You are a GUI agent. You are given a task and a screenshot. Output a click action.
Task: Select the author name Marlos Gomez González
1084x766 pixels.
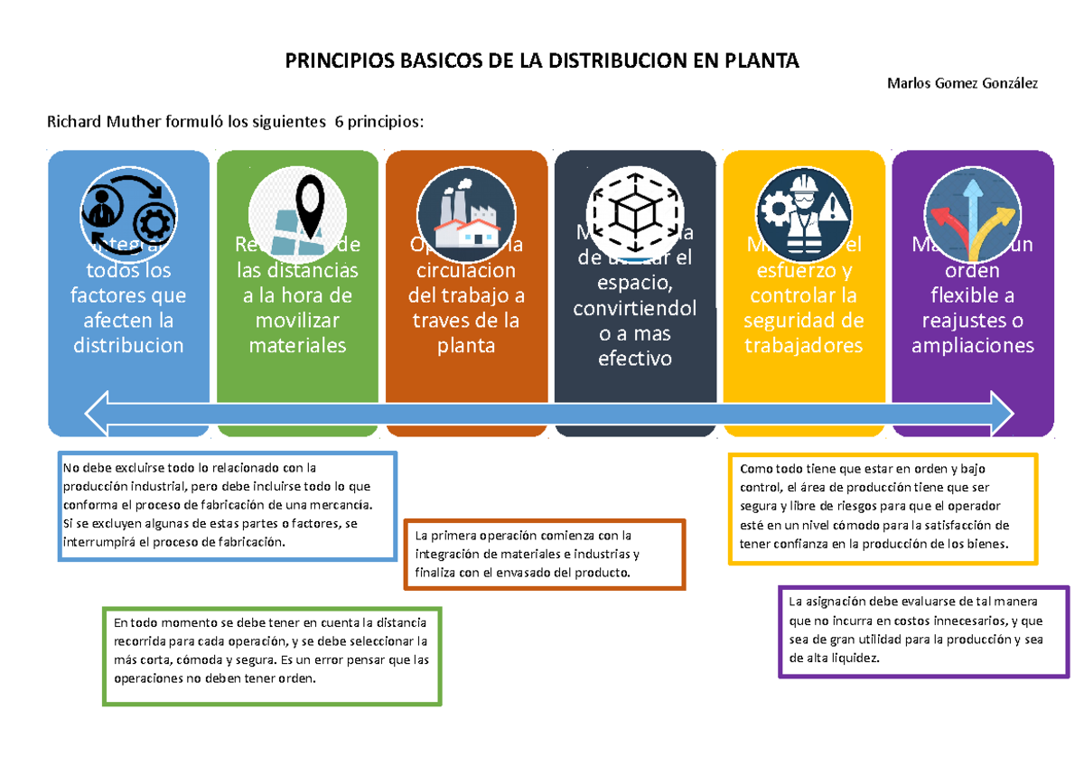pyautogui.click(x=962, y=84)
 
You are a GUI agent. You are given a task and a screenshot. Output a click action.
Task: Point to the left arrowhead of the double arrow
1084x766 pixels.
pyautogui.click(x=101, y=413)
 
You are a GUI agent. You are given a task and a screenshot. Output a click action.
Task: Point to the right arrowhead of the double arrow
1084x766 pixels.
pyautogui.click(x=999, y=413)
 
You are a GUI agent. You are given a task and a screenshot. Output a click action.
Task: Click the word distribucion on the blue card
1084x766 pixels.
pyautogui.click(x=128, y=345)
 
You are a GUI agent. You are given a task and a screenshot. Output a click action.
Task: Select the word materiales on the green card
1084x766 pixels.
pyautogui.click(x=297, y=345)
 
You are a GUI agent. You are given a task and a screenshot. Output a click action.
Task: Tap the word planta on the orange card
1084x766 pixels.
pyautogui.click(x=465, y=345)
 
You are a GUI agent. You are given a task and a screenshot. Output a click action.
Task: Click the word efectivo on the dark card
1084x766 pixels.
pyautogui.click(x=634, y=358)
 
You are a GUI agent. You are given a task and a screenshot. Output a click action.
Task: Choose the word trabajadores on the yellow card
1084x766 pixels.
pyautogui.click(x=803, y=345)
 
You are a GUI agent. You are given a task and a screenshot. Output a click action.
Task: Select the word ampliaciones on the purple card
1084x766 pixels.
pyautogui.click(x=972, y=345)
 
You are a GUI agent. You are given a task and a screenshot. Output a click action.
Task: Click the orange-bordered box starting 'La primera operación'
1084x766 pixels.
pyautogui.click(x=545, y=554)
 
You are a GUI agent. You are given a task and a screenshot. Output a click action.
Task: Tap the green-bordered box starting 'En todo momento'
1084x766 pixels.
pyautogui.click(x=272, y=655)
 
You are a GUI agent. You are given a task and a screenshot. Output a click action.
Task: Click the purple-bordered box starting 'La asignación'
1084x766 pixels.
pyautogui.click(x=923, y=630)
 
